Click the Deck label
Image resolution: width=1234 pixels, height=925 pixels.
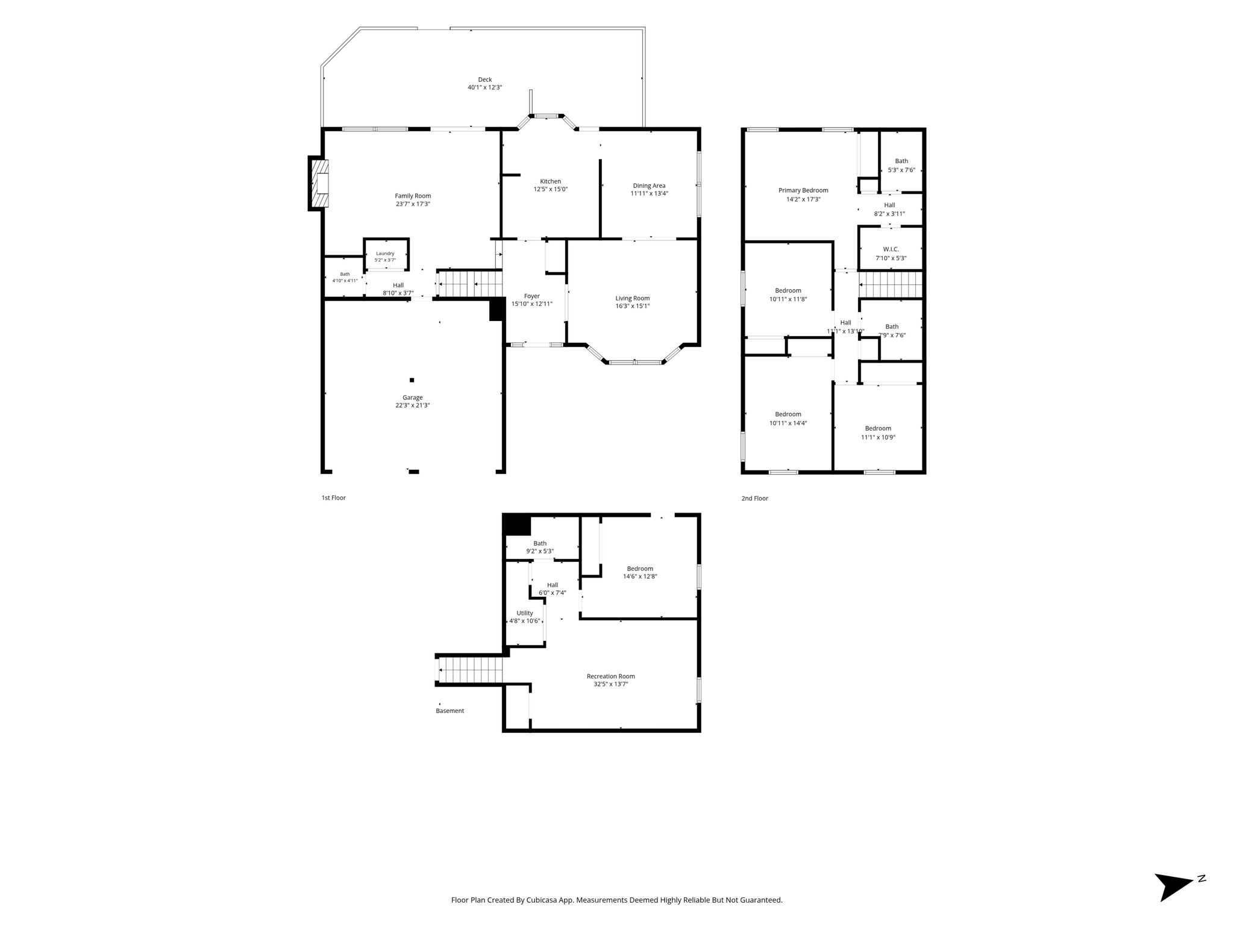484,79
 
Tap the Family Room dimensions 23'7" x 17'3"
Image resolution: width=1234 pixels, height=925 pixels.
413,204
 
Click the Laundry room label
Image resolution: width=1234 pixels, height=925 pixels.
385,254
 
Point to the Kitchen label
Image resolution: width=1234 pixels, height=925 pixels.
550,181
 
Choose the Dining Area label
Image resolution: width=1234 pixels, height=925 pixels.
649,185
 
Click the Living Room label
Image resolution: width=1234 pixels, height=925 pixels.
632,298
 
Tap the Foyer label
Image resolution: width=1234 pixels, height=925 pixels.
531,296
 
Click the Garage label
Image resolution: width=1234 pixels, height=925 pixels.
413,397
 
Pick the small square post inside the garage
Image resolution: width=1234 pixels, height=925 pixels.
412,380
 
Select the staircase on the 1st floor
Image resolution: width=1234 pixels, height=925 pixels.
469,284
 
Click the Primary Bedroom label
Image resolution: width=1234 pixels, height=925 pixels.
803,190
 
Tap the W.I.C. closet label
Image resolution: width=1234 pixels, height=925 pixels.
891,249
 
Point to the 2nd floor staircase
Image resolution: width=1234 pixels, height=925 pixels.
891,285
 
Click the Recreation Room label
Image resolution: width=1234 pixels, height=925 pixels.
610,676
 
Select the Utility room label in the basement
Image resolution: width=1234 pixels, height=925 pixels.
524,613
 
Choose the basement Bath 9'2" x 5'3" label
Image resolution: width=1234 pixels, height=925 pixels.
540,547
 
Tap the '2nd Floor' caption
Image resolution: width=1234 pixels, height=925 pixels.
754,499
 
